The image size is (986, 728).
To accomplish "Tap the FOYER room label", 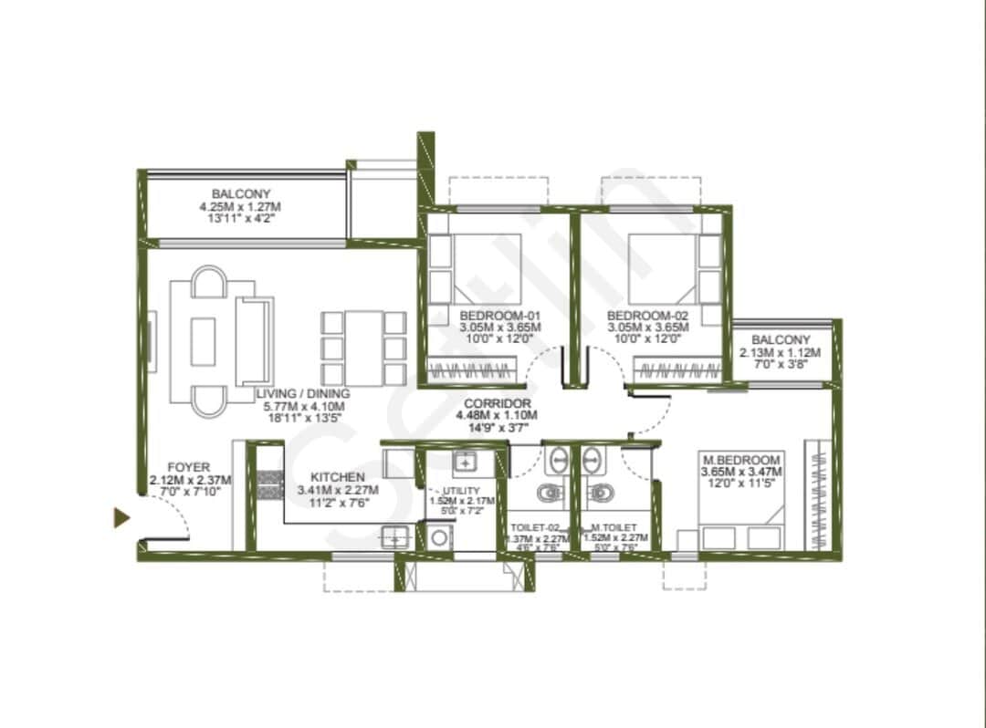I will (189, 468).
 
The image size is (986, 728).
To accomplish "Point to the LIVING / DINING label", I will (303, 394).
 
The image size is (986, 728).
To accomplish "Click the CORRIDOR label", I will (497, 402).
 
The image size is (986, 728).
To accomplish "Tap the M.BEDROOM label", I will (740, 460).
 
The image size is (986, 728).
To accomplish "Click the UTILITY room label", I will (461, 491).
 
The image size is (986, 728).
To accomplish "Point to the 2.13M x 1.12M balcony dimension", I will (781, 352).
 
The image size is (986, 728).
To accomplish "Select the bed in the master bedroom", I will (740, 525).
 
